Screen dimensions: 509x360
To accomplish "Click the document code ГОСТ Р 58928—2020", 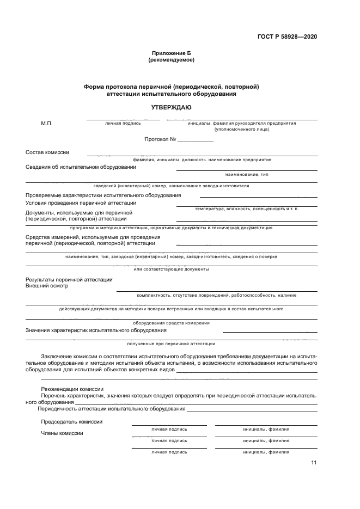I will pos(287,37).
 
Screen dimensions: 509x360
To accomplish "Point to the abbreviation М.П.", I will pos(47,124).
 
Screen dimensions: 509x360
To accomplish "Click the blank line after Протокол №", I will pos(196,140).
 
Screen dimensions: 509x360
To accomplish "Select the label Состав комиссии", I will pos(47,152).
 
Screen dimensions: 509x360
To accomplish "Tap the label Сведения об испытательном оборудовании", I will pos(81,167).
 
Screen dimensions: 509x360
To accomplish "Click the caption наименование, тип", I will pos(246,174).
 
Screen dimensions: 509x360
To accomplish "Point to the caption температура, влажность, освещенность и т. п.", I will pos(247,209).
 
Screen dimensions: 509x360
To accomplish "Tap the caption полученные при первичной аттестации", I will pos(171,344).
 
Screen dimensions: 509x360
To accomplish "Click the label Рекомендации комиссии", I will pos(72,389).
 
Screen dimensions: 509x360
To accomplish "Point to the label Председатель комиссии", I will pos(71,422).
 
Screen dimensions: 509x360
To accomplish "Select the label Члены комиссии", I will pos(62,433).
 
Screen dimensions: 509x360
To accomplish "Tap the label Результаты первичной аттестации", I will pos(69,279).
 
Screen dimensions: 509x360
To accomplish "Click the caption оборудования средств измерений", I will pos(171,323).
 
